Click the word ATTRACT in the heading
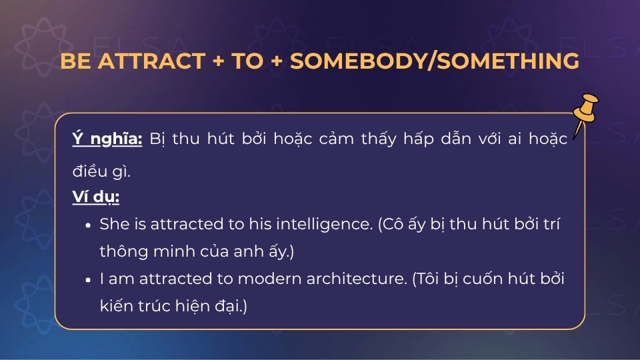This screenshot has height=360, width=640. coord(151,61)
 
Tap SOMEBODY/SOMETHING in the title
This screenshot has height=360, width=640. coord(434,61)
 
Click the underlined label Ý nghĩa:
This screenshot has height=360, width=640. coord(107,139)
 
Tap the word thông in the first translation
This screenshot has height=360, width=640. coord(118,252)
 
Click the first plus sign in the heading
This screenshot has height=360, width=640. coord(217,61)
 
